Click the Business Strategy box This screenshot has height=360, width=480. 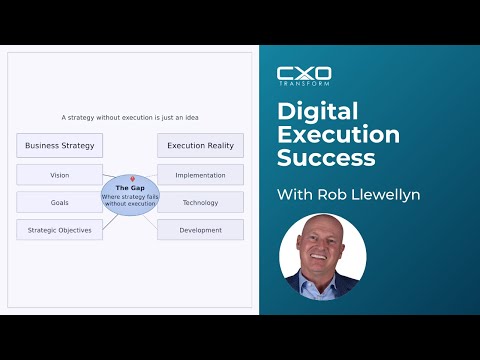click(59, 146)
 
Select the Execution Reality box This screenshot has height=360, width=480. click(200, 146)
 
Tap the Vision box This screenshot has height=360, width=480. click(59, 175)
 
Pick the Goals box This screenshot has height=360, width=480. click(59, 202)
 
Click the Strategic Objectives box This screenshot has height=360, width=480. click(59, 230)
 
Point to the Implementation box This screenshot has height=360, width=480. click(200, 175)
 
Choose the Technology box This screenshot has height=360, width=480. click(200, 202)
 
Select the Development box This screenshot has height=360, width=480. click(200, 230)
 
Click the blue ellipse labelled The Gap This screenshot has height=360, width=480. click(130, 197)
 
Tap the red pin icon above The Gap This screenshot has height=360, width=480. click(131, 180)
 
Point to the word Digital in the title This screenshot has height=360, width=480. click(318, 110)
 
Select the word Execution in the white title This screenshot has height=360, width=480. click(338, 134)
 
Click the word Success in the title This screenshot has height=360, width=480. click(326, 158)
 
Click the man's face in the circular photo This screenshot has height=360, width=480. click(322, 251)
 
